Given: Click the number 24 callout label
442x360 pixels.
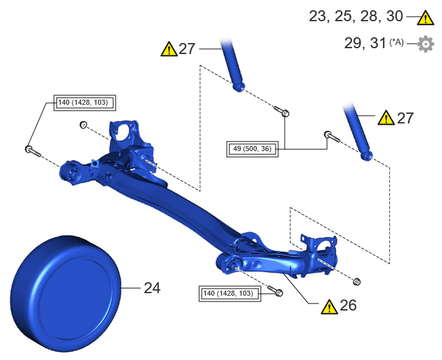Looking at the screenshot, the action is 152,288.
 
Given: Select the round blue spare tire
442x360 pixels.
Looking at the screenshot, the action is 66,294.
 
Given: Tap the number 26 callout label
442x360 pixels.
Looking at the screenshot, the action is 348,305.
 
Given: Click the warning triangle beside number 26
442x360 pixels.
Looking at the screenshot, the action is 329,307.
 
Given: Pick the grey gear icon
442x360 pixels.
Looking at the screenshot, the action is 426,44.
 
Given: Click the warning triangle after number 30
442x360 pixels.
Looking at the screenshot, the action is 426,18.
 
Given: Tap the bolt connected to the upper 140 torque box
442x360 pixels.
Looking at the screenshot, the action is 33,152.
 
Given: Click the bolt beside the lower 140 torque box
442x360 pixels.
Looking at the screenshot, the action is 275,291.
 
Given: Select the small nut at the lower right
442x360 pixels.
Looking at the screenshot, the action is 357,282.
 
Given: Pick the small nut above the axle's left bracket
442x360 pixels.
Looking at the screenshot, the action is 84,125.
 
